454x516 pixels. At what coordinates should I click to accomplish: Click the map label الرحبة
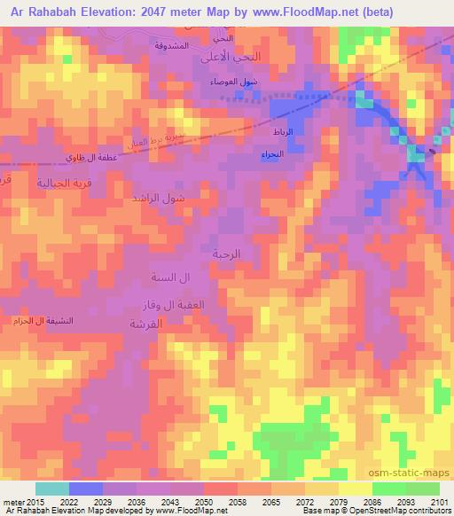click(x=226, y=253)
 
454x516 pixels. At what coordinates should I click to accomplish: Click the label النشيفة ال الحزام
click(x=44, y=319)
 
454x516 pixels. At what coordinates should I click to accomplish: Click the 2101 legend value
click(x=440, y=502)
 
